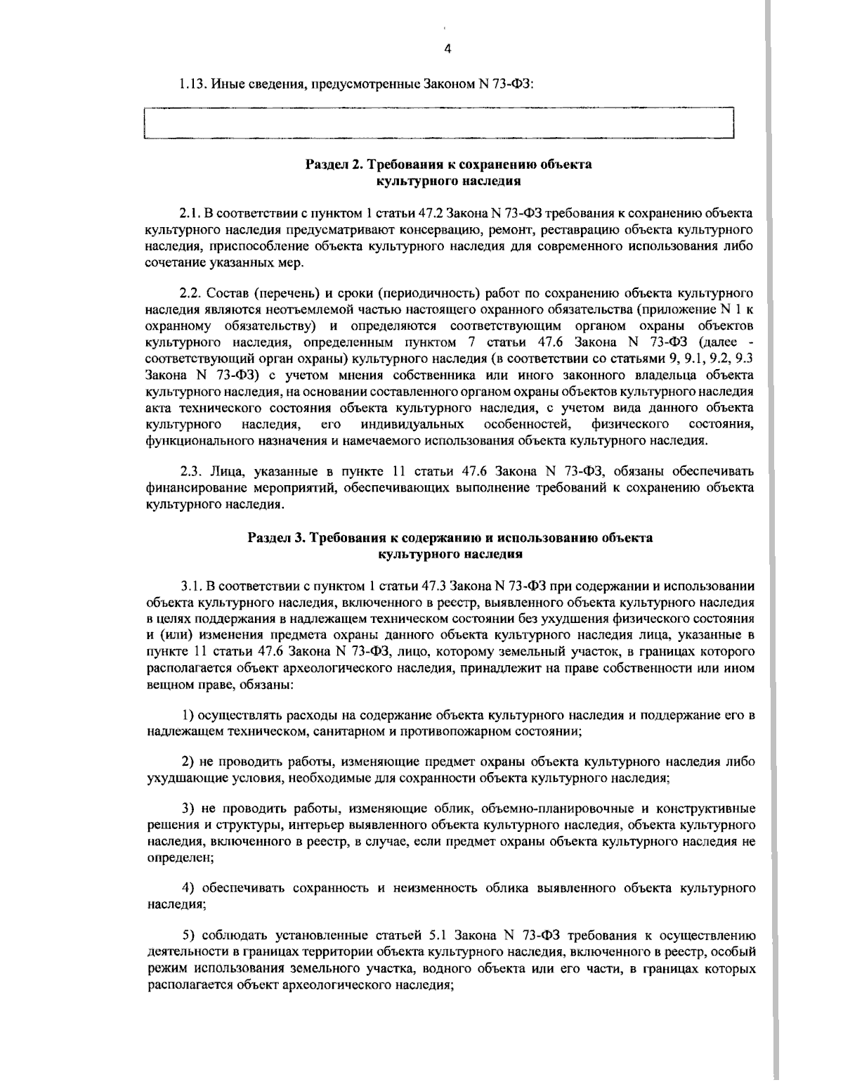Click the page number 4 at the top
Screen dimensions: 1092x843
pos(447,48)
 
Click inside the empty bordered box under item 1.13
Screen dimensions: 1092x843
pos(438,124)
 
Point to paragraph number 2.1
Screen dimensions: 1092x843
pos(190,212)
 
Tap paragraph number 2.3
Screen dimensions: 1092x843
pos(190,470)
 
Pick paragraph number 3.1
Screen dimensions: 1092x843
pos(191,586)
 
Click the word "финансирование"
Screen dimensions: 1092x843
pos(188,487)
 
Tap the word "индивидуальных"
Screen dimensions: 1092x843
pos(412,424)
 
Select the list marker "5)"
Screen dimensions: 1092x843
pos(188,935)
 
